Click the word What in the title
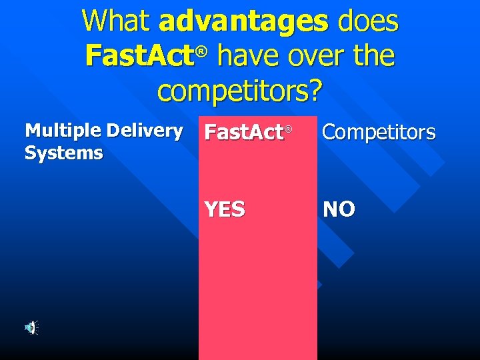[x=117, y=21]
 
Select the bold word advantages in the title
[x=243, y=21]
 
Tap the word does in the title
[x=368, y=21]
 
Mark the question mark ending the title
[x=315, y=91]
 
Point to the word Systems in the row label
[x=64, y=153]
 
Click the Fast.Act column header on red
[x=244, y=133]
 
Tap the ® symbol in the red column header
[x=289, y=128]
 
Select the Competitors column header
[x=379, y=133]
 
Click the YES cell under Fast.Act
[x=225, y=209]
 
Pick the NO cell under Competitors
[x=339, y=209]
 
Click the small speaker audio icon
[x=31, y=327]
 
